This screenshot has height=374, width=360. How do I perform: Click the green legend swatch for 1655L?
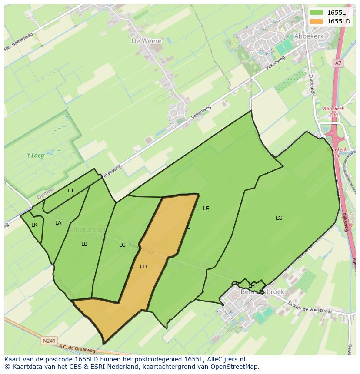317,13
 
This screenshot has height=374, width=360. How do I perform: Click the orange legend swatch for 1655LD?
317,21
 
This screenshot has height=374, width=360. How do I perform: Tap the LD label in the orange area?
143,267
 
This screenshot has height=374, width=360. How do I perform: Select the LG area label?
279,218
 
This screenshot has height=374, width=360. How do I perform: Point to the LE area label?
206,209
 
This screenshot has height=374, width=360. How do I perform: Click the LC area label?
122,245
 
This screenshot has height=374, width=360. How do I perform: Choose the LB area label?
84,244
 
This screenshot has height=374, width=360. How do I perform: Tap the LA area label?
58,223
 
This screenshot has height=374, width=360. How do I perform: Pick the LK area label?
34,225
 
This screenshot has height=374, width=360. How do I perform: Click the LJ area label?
70,190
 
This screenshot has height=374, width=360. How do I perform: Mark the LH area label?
251,285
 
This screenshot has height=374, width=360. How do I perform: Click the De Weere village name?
147,41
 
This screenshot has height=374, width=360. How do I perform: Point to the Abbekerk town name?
309,36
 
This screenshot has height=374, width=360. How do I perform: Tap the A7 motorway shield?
338,63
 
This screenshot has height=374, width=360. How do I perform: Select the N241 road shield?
49,341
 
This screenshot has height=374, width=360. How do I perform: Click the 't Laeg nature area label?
35,155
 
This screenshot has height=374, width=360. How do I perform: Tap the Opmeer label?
46,193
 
